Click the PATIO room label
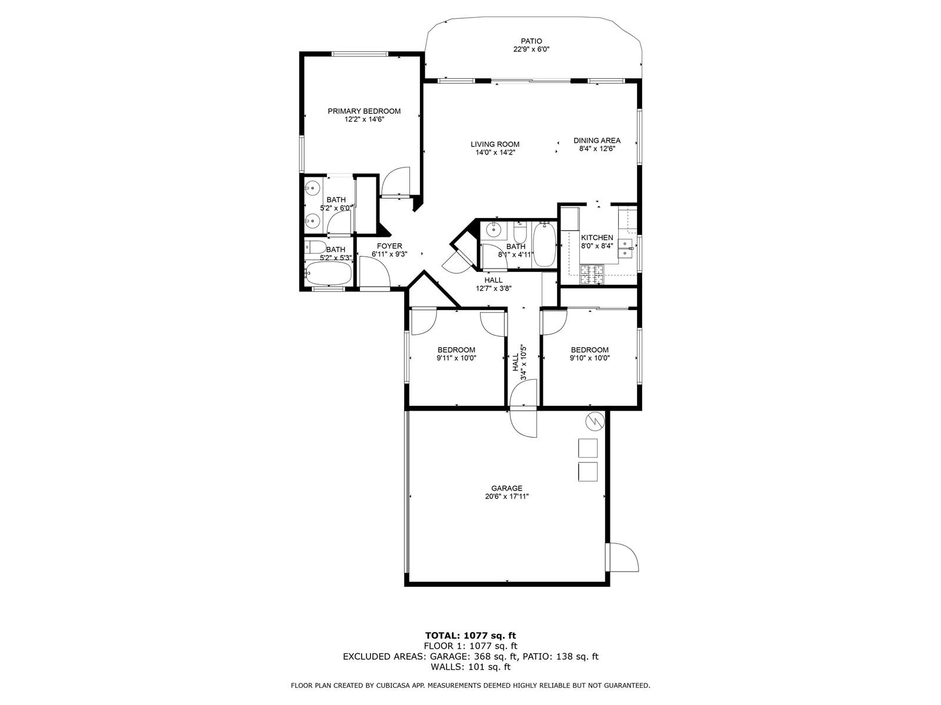[531, 41]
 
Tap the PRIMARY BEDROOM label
[364, 111]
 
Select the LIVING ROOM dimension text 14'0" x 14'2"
[495, 152]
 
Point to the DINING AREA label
[597, 140]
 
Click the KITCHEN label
[597, 237]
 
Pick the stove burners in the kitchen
[591, 274]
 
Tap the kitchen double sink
[626, 249]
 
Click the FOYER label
[389, 246]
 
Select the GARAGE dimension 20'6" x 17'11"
[507, 496]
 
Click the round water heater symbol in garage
[595, 422]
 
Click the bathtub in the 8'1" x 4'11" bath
[544, 244]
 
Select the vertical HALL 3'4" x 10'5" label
[519, 363]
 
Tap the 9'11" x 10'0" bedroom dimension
[456, 358]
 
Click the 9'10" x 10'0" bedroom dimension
[589, 358]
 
